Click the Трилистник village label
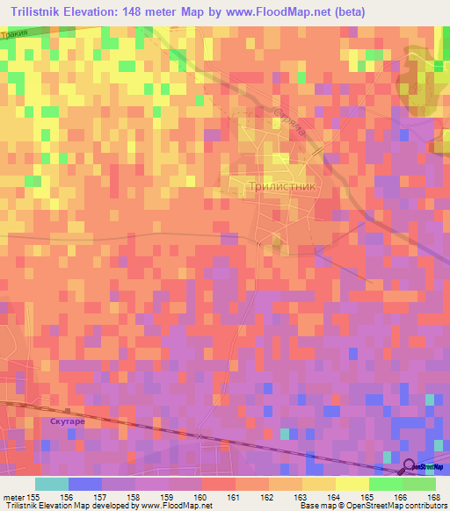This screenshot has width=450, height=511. [280, 187]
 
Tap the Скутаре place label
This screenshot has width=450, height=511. [67, 421]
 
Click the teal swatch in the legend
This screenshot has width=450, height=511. [52, 484]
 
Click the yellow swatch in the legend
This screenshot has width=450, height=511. [352, 484]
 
